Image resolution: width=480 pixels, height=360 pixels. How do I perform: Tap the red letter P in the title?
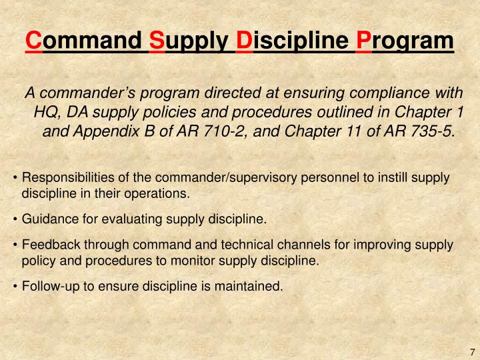(364, 41)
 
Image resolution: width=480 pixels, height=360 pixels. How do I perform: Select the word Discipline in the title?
(293, 41)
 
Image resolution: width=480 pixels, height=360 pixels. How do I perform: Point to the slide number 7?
(471, 352)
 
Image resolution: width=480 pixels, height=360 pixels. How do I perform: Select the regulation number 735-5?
(425, 131)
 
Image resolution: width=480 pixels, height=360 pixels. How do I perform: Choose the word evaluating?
(134, 219)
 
